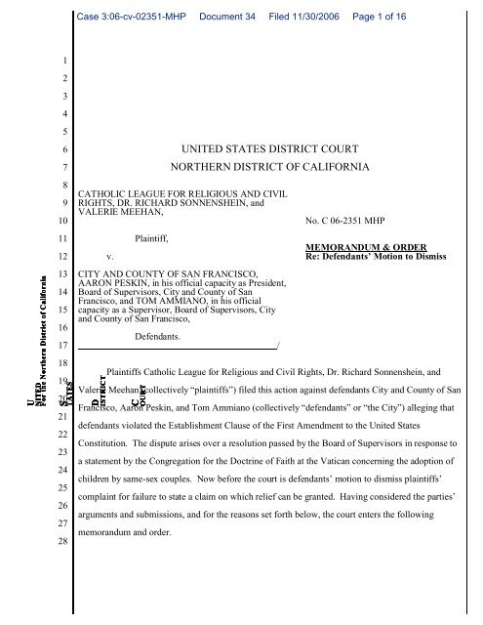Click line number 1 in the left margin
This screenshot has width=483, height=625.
pos(60,60)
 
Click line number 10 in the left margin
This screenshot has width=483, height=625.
pos(60,222)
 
